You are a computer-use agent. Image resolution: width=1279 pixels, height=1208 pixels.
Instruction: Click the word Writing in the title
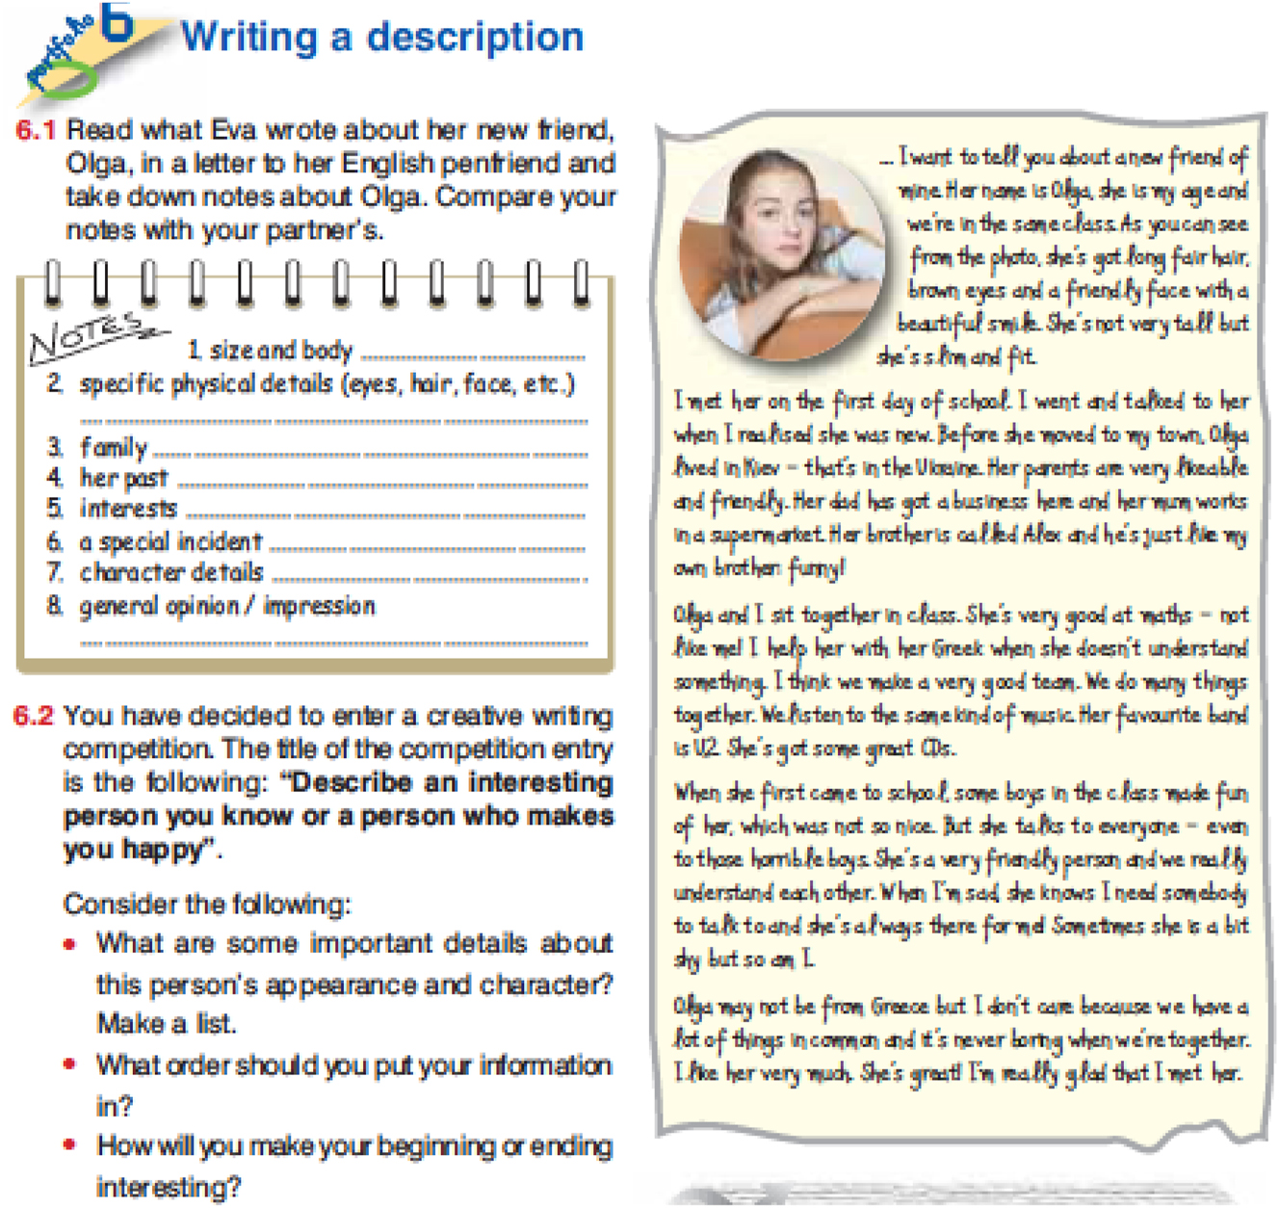pos(249,38)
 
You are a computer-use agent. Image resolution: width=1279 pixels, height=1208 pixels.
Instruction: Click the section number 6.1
pos(36,130)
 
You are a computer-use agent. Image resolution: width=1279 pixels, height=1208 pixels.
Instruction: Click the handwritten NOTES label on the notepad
pos(86,336)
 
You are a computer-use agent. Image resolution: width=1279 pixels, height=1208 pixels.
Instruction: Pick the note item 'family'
pos(114,448)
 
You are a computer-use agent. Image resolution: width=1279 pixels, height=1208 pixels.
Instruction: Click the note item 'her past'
pos(123,478)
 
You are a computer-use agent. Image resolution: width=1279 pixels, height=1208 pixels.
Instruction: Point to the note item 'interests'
pos(128,509)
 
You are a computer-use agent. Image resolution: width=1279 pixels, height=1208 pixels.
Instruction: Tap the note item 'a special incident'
pos(170,541)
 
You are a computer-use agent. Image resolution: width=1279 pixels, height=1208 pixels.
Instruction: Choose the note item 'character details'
pos(171,572)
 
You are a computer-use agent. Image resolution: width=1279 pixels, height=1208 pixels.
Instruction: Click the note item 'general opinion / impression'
pos(226,606)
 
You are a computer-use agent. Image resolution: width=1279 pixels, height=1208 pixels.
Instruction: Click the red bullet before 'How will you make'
pos(69,1145)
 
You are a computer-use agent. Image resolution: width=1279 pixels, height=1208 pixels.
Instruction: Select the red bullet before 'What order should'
pos(69,1064)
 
